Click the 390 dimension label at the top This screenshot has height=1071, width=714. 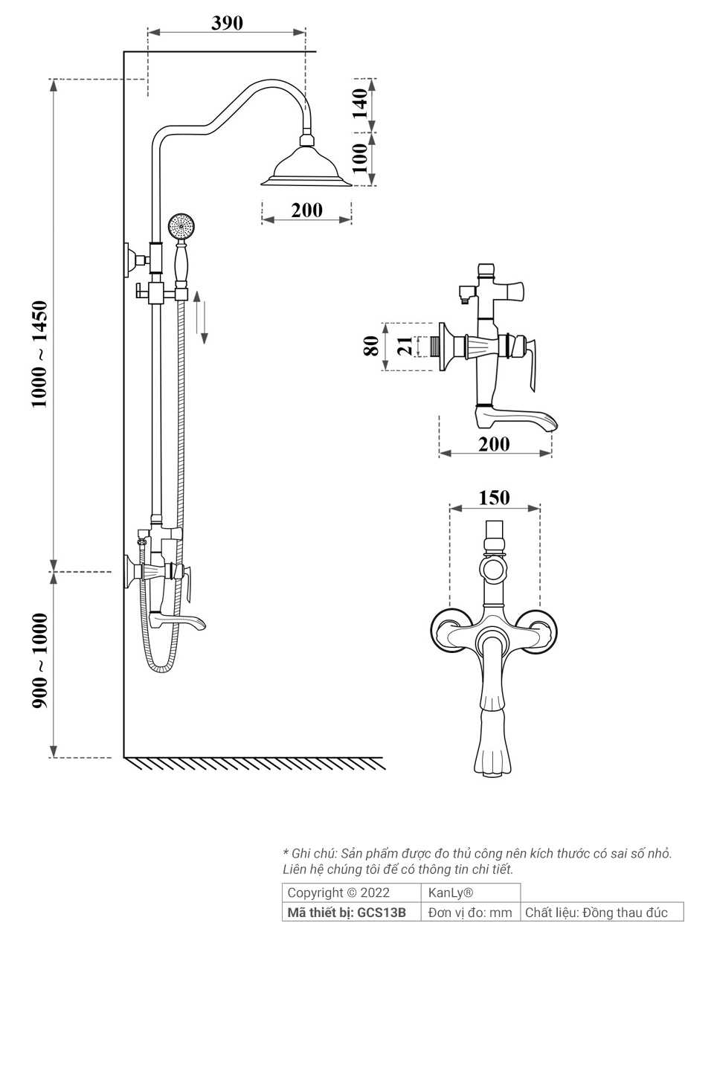point(227,23)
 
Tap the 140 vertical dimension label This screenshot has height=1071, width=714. point(360,103)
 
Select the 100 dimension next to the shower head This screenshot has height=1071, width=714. point(360,158)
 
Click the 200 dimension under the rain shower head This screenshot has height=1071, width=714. point(306,210)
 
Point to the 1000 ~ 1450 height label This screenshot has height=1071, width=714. point(39,354)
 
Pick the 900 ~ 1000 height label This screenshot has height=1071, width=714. point(39,660)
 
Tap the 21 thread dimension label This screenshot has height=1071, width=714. point(405,346)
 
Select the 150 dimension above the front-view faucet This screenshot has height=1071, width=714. point(494,498)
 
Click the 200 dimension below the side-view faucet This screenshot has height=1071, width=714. point(494,444)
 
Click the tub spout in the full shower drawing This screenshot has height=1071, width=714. point(178,620)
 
